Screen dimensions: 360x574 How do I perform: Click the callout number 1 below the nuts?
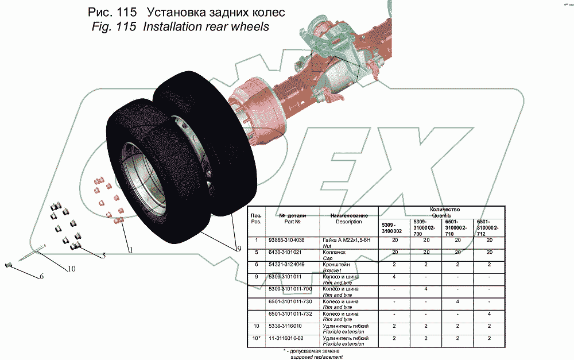click(130, 250)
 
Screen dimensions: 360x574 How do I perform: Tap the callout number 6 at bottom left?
click(41, 277)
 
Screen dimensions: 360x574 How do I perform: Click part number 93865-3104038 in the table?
click(286, 239)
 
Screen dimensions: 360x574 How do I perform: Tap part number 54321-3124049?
click(286, 264)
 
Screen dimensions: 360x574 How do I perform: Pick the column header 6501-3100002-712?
click(487, 228)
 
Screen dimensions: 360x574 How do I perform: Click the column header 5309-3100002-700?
click(424, 228)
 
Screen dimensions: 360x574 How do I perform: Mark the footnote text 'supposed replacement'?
click(316, 357)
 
